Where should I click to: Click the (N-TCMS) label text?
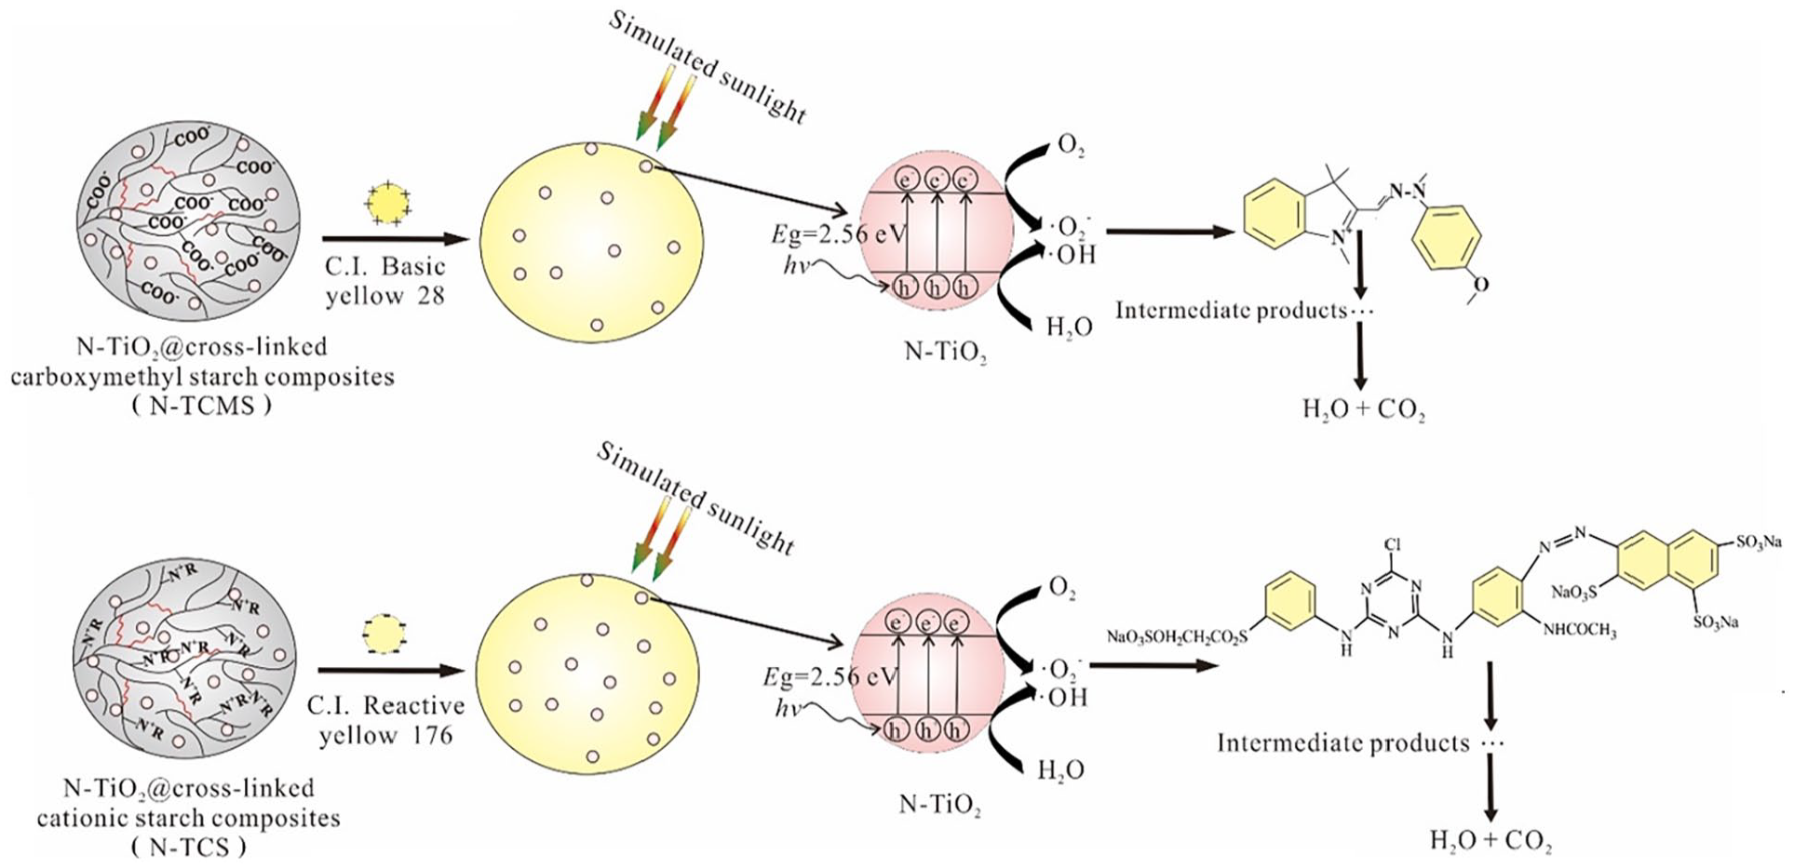pyautogui.click(x=202, y=406)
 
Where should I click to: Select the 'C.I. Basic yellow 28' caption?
pyautogui.click(x=384, y=280)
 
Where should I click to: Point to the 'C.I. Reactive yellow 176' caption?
pyautogui.click(x=385, y=721)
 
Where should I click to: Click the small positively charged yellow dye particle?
pyautogui.click(x=389, y=203)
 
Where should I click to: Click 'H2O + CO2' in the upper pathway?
pyautogui.click(x=1363, y=409)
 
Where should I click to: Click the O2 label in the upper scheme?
pyautogui.click(x=1071, y=148)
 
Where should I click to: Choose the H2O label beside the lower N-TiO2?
pyautogui.click(x=1060, y=770)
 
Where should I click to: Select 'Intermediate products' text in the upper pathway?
pyautogui.click(x=1231, y=310)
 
